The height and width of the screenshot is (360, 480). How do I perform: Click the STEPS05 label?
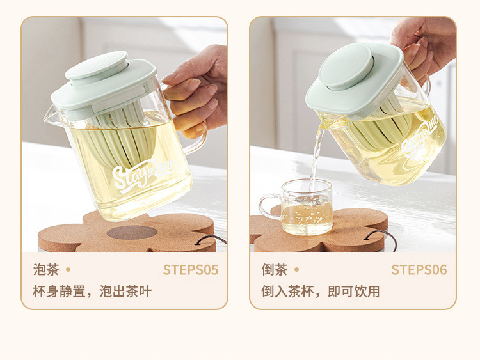pos(191,270)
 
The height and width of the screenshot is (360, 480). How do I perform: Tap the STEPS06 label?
pos(419,270)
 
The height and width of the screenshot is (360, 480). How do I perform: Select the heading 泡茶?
pos(46,270)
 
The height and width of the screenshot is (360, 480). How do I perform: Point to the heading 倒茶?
pos(275,270)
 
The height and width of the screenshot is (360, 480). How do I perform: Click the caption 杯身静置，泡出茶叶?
pos(92,292)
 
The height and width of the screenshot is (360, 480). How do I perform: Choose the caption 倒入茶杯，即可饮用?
pos(321,292)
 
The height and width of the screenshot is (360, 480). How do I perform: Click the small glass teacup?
pos(296,207)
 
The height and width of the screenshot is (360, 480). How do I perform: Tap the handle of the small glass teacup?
pos(269,207)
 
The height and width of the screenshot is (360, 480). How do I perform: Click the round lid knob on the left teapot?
pos(97,67)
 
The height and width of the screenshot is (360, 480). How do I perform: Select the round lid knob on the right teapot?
pos(346,67)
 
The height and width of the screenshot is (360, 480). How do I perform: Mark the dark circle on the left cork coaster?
pos(132,233)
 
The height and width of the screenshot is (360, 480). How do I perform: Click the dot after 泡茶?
pos(68,269)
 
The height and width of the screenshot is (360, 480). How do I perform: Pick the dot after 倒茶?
pos(296,269)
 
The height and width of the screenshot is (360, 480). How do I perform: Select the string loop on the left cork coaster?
pos(211,239)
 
